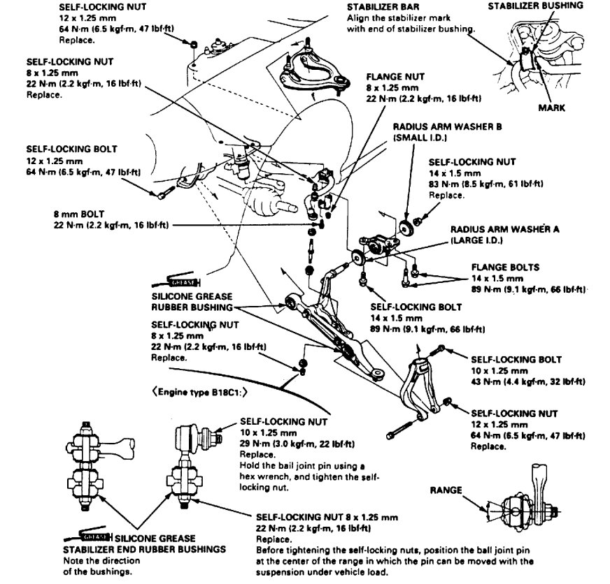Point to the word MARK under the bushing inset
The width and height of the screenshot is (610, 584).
click(551, 108)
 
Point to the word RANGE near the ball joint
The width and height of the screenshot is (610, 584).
click(446, 490)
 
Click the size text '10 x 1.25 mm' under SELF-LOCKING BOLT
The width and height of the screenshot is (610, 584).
click(498, 370)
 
